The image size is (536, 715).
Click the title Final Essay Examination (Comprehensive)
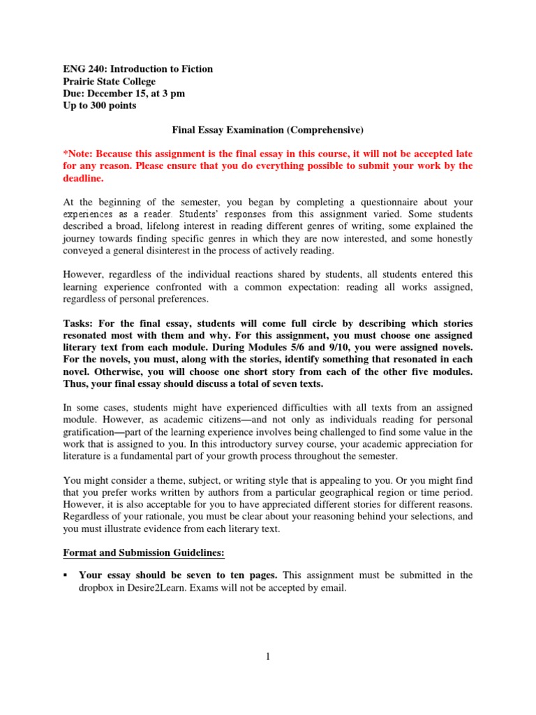click(268, 129)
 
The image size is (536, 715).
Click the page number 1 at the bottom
click(267, 657)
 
